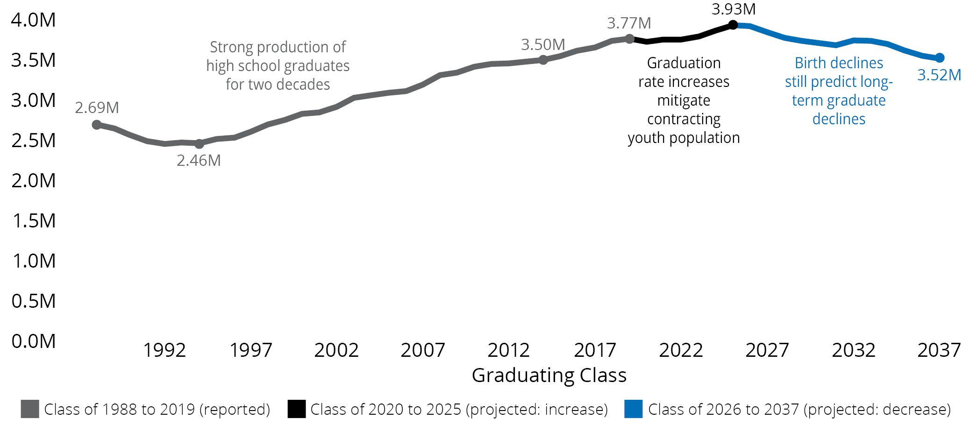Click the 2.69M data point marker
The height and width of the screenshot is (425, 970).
click(x=97, y=125)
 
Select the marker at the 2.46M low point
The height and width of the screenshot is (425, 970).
click(x=200, y=144)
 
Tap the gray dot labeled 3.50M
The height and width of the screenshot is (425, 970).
click(x=543, y=60)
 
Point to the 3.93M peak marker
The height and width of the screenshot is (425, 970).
click(x=733, y=25)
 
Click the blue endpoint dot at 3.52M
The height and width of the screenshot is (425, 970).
click(x=940, y=58)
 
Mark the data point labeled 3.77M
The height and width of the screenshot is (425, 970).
click(x=630, y=39)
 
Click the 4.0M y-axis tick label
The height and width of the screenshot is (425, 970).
click(x=34, y=20)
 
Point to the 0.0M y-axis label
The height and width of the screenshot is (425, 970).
click(x=34, y=341)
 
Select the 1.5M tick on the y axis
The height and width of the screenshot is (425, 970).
click(x=34, y=221)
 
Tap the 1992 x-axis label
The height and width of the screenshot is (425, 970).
click(x=164, y=350)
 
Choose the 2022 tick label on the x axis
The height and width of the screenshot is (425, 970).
click(x=681, y=350)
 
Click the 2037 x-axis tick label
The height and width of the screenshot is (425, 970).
click(x=939, y=350)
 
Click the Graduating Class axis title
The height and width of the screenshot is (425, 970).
click(x=549, y=375)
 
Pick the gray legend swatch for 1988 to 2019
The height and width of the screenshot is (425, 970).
click(x=30, y=409)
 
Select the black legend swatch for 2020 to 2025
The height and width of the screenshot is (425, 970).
click(x=296, y=409)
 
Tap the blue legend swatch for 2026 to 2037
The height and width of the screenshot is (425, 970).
click(x=633, y=409)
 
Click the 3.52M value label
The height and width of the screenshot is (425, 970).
click(x=939, y=75)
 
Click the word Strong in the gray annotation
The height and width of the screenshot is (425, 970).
click(x=231, y=47)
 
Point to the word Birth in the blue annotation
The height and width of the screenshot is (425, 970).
click(x=809, y=63)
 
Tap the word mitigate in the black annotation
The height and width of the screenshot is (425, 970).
click(x=684, y=100)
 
